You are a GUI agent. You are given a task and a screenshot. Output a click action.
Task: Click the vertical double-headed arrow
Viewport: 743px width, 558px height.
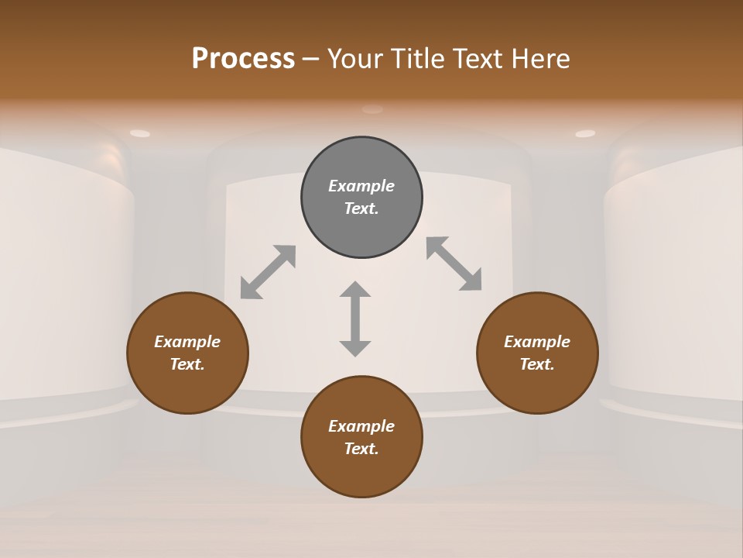[x=355, y=319]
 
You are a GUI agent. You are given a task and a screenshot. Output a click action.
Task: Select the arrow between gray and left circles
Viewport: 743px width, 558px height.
[x=268, y=271]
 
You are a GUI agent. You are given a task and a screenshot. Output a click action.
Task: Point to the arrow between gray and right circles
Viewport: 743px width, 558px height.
[x=454, y=263]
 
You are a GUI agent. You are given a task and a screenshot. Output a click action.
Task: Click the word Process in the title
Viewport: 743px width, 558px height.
[x=243, y=58]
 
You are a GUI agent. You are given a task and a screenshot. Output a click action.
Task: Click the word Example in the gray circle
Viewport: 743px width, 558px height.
[x=361, y=186]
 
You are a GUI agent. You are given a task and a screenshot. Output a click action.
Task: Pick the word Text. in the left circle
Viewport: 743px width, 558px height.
[x=187, y=364]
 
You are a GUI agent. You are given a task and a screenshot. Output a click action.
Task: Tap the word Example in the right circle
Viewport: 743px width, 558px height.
[x=537, y=342]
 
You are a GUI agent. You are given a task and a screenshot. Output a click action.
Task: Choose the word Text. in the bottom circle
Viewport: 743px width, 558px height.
[x=361, y=449]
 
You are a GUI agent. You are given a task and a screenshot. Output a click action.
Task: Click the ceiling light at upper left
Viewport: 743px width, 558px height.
[x=140, y=133]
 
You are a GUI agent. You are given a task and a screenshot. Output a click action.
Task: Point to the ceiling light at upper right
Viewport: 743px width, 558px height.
[x=585, y=133]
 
